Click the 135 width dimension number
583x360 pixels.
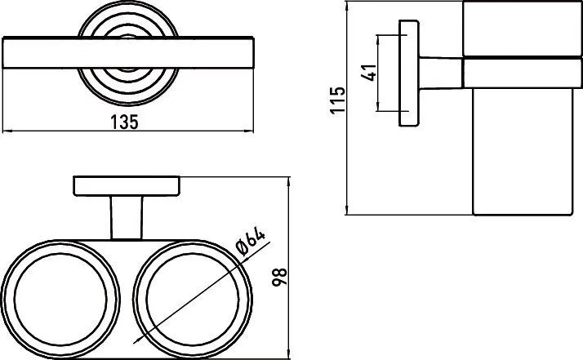click(125, 122)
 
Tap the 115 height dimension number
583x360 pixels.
click(337, 100)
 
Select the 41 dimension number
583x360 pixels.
click(369, 73)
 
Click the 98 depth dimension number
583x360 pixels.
click(279, 277)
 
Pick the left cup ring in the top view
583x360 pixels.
click(3, 300)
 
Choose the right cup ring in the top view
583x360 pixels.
click(135, 300)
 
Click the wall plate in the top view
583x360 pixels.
click(127, 186)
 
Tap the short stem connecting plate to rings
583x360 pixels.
click(127, 218)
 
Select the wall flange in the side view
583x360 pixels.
click(409, 73)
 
